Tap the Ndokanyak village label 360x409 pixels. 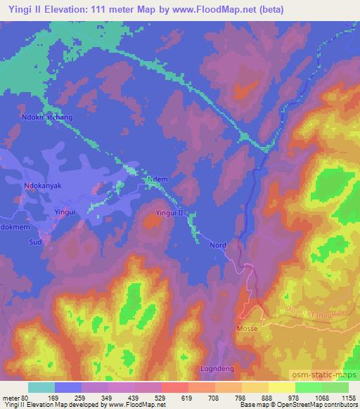tap(44, 187)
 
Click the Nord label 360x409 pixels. tap(217, 245)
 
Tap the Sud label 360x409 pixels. tap(36, 242)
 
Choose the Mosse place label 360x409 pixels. tap(247, 329)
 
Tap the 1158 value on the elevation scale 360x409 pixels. tap(348, 396)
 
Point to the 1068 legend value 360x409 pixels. tap(320, 396)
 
